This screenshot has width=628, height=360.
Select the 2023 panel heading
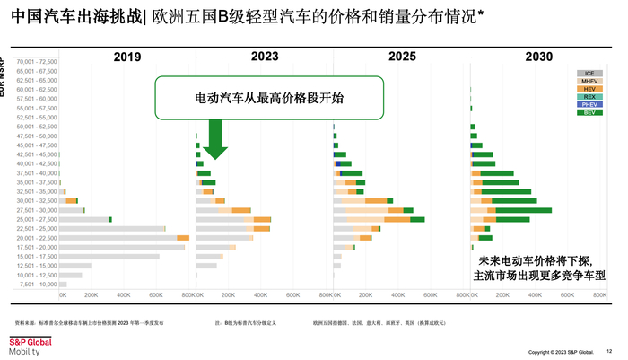pyautogui.click(x=264, y=57)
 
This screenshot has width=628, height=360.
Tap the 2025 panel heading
pyautogui.click(x=401, y=57)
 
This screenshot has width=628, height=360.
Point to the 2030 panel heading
pyautogui.click(x=538, y=57)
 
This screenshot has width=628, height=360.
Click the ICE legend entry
pyautogui.click(x=589, y=73)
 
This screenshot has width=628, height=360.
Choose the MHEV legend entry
pyautogui.click(x=589, y=81)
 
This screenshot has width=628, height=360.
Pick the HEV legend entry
pyautogui.click(x=589, y=89)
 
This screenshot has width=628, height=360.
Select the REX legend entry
pyautogui.click(x=589, y=97)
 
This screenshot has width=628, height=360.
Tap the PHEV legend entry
pyautogui.click(x=589, y=105)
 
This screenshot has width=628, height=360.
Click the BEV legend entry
pyautogui.click(x=589, y=113)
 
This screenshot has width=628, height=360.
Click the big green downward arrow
pyautogui.click(x=215, y=139)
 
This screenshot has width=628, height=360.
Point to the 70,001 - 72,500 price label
pyautogui.click(x=36, y=61)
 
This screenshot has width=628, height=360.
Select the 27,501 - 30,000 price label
pyautogui.click(x=37, y=210)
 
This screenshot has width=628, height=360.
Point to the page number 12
pyautogui.click(x=609, y=351)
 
